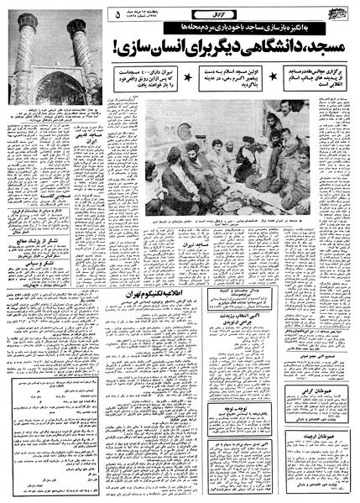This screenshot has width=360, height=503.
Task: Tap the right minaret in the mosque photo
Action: [x=81, y=42]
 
